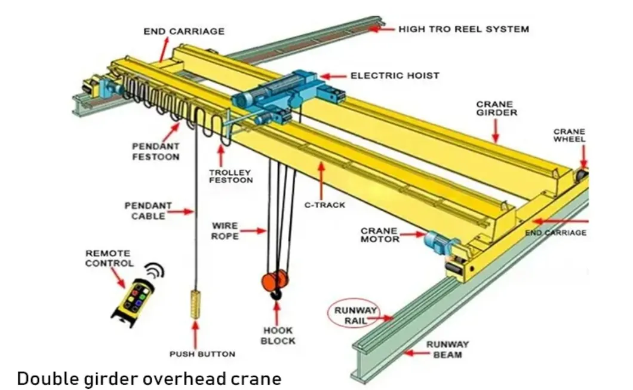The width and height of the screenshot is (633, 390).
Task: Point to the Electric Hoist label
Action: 395,76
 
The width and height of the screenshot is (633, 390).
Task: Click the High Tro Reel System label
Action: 463,29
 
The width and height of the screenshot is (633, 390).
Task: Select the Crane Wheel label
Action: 569,136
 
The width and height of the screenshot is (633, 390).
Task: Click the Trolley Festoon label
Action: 231,176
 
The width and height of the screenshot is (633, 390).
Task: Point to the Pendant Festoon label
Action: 155,151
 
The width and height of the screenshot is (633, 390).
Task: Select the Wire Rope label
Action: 225,231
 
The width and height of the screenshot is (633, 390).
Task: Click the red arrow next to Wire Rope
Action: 254,230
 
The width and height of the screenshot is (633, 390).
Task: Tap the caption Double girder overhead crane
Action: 149,378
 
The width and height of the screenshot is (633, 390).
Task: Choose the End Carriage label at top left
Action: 184,31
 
